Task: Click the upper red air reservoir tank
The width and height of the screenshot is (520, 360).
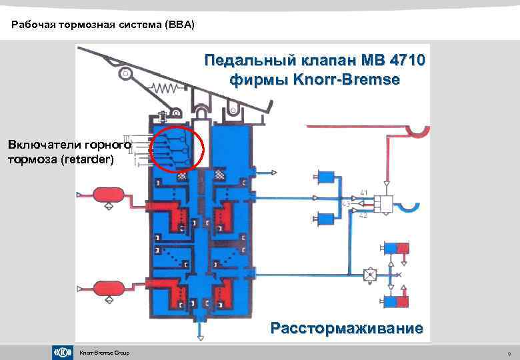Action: (x=107, y=195)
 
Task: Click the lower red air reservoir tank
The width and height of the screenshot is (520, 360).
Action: (x=107, y=289)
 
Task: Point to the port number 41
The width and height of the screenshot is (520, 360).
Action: (x=363, y=192)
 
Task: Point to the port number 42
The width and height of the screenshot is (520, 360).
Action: (x=363, y=216)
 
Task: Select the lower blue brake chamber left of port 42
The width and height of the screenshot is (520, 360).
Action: (x=327, y=217)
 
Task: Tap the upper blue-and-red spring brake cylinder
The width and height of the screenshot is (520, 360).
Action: (x=397, y=249)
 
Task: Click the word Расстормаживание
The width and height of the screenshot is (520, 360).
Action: (x=346, y=328)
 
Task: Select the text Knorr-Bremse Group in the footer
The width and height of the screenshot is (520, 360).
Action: (x=104, y=353)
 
